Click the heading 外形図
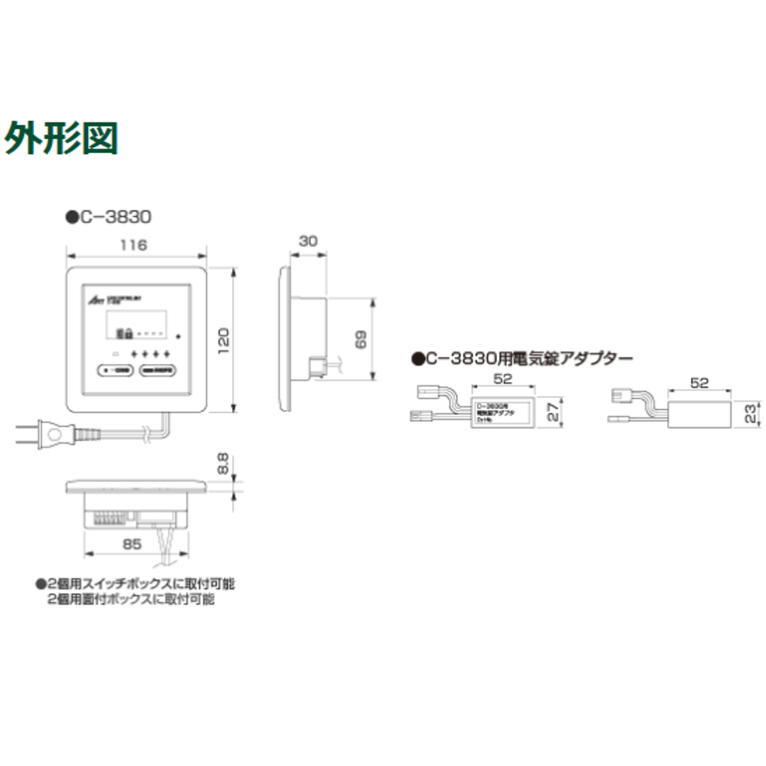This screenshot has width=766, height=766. [x=61, y=139]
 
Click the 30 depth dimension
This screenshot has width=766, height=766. [x=308, y=241]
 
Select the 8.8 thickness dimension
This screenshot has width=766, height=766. [x=223, y=463]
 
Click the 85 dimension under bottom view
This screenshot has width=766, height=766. [x=133, y=545]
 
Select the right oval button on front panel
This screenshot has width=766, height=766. [x=159, y=371]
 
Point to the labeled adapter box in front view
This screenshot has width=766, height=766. [x=503, y=414]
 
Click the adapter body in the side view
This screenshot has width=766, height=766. [x=701, y=414]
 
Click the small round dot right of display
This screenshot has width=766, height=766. [x=178, y=336]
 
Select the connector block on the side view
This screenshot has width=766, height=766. [x=316, y=365]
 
